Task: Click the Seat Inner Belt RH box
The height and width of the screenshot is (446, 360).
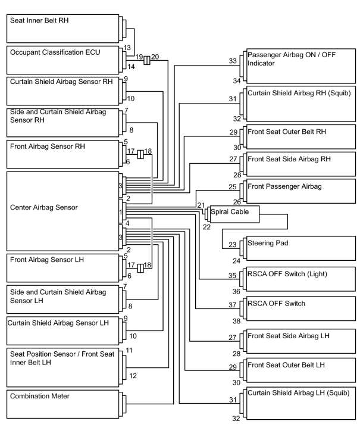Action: pyautogui.click(x=63, y=29)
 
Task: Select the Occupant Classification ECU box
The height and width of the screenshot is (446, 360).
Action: pyautogui.click(x=63, y=60)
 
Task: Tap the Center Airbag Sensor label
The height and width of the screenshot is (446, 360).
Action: pyautogui.click(x=44, y=207)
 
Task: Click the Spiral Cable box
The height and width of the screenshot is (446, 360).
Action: pyautogui.click(x=234, y=214)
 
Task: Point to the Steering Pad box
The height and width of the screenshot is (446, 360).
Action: pyautogui.click(x=301, y=248)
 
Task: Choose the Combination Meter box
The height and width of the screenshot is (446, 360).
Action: pyautogui.click(x=63, y=404)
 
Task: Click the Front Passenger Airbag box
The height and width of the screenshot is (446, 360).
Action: pyautogui.click(x=301, y=191)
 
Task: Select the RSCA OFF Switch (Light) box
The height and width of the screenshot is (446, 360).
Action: pyautogui.click(x=301, y=279)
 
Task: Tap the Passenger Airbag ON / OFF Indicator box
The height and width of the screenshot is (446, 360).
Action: pyautogui.click(x=301, y=66)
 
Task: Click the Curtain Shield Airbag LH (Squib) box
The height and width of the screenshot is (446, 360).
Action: pyautogui.click(x=301, y=403)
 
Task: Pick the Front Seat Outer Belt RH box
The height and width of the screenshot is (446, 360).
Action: pyautogui.click(x=301, y=137)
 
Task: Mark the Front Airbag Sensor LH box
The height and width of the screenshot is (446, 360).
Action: pyautogui.click(x=63, y=268)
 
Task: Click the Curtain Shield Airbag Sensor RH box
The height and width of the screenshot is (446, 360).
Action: pyautogui.click(x=63, y=91)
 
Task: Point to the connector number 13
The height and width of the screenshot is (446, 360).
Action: pyautogui.click(x=127, y=48)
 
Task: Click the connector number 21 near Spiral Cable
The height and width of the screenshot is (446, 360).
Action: pyautogui.click(x=201, y=205)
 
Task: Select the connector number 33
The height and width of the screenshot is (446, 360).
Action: pyautogui.click(x=233, y=61)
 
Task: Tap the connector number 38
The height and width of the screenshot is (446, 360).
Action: pyautogui.click(x=236, y=321)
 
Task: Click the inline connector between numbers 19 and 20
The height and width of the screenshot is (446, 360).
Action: pyautogui.click(x=146, y=60)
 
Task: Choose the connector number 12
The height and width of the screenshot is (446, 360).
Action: pyautogui.click(x=133, y=376)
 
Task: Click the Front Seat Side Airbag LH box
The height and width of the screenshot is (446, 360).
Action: pyautogui.click(x=301, y=341)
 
